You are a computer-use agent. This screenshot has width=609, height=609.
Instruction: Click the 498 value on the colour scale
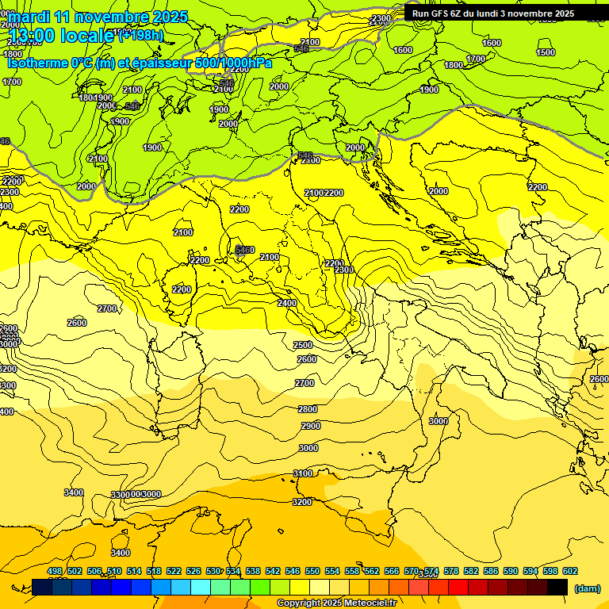tap(55, 571)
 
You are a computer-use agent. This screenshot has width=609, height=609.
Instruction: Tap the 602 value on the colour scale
tap(570, 571)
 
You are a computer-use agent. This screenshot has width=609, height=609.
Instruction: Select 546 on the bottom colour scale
tap(293, 571)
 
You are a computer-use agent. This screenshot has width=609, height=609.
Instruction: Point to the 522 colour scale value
tap(174, 571)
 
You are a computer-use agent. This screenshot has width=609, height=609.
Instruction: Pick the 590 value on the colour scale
tap(511, 571)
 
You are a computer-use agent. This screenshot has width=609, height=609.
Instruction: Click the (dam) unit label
tap(587, 588)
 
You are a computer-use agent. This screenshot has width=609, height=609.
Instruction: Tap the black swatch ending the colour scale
tap(557, 587)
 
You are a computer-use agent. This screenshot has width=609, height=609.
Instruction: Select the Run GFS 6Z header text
tap(492, 13)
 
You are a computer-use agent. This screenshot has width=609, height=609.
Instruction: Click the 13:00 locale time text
tap(62, 36)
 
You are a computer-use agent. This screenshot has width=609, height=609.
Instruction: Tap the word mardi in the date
tap(29, 17)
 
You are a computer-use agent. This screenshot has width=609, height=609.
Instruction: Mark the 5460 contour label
tap(245, 250)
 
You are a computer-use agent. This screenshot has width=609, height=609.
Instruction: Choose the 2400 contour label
tap(287, 303)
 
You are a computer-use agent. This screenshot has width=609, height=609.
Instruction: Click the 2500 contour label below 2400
tap(303, 345)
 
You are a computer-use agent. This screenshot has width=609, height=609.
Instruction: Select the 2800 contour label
tap(308, 409)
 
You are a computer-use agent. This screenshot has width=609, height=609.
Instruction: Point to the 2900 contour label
tap(311, 426)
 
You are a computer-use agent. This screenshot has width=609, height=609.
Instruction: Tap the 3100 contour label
tap(303, 473)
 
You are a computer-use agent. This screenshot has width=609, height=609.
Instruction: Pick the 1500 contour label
tap(546, 52)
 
